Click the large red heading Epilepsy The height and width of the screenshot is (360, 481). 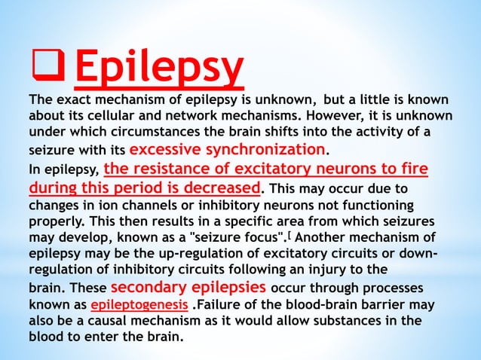coord(160,69)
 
